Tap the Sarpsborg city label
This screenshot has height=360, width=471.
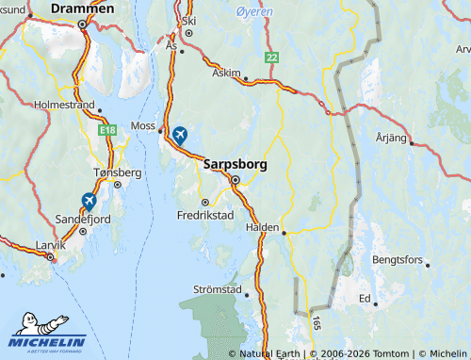click(x=235, y=164)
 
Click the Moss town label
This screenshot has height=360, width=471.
click(x=144, y=124)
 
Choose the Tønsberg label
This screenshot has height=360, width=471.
click(x=118, y=172)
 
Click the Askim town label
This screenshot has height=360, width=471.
click(x=227, y=71)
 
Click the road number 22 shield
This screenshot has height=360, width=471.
click(x=272, y=58)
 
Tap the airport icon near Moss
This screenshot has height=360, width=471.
click(x=179, y=135)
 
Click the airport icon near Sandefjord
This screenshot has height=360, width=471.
click(x=89, y=200)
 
